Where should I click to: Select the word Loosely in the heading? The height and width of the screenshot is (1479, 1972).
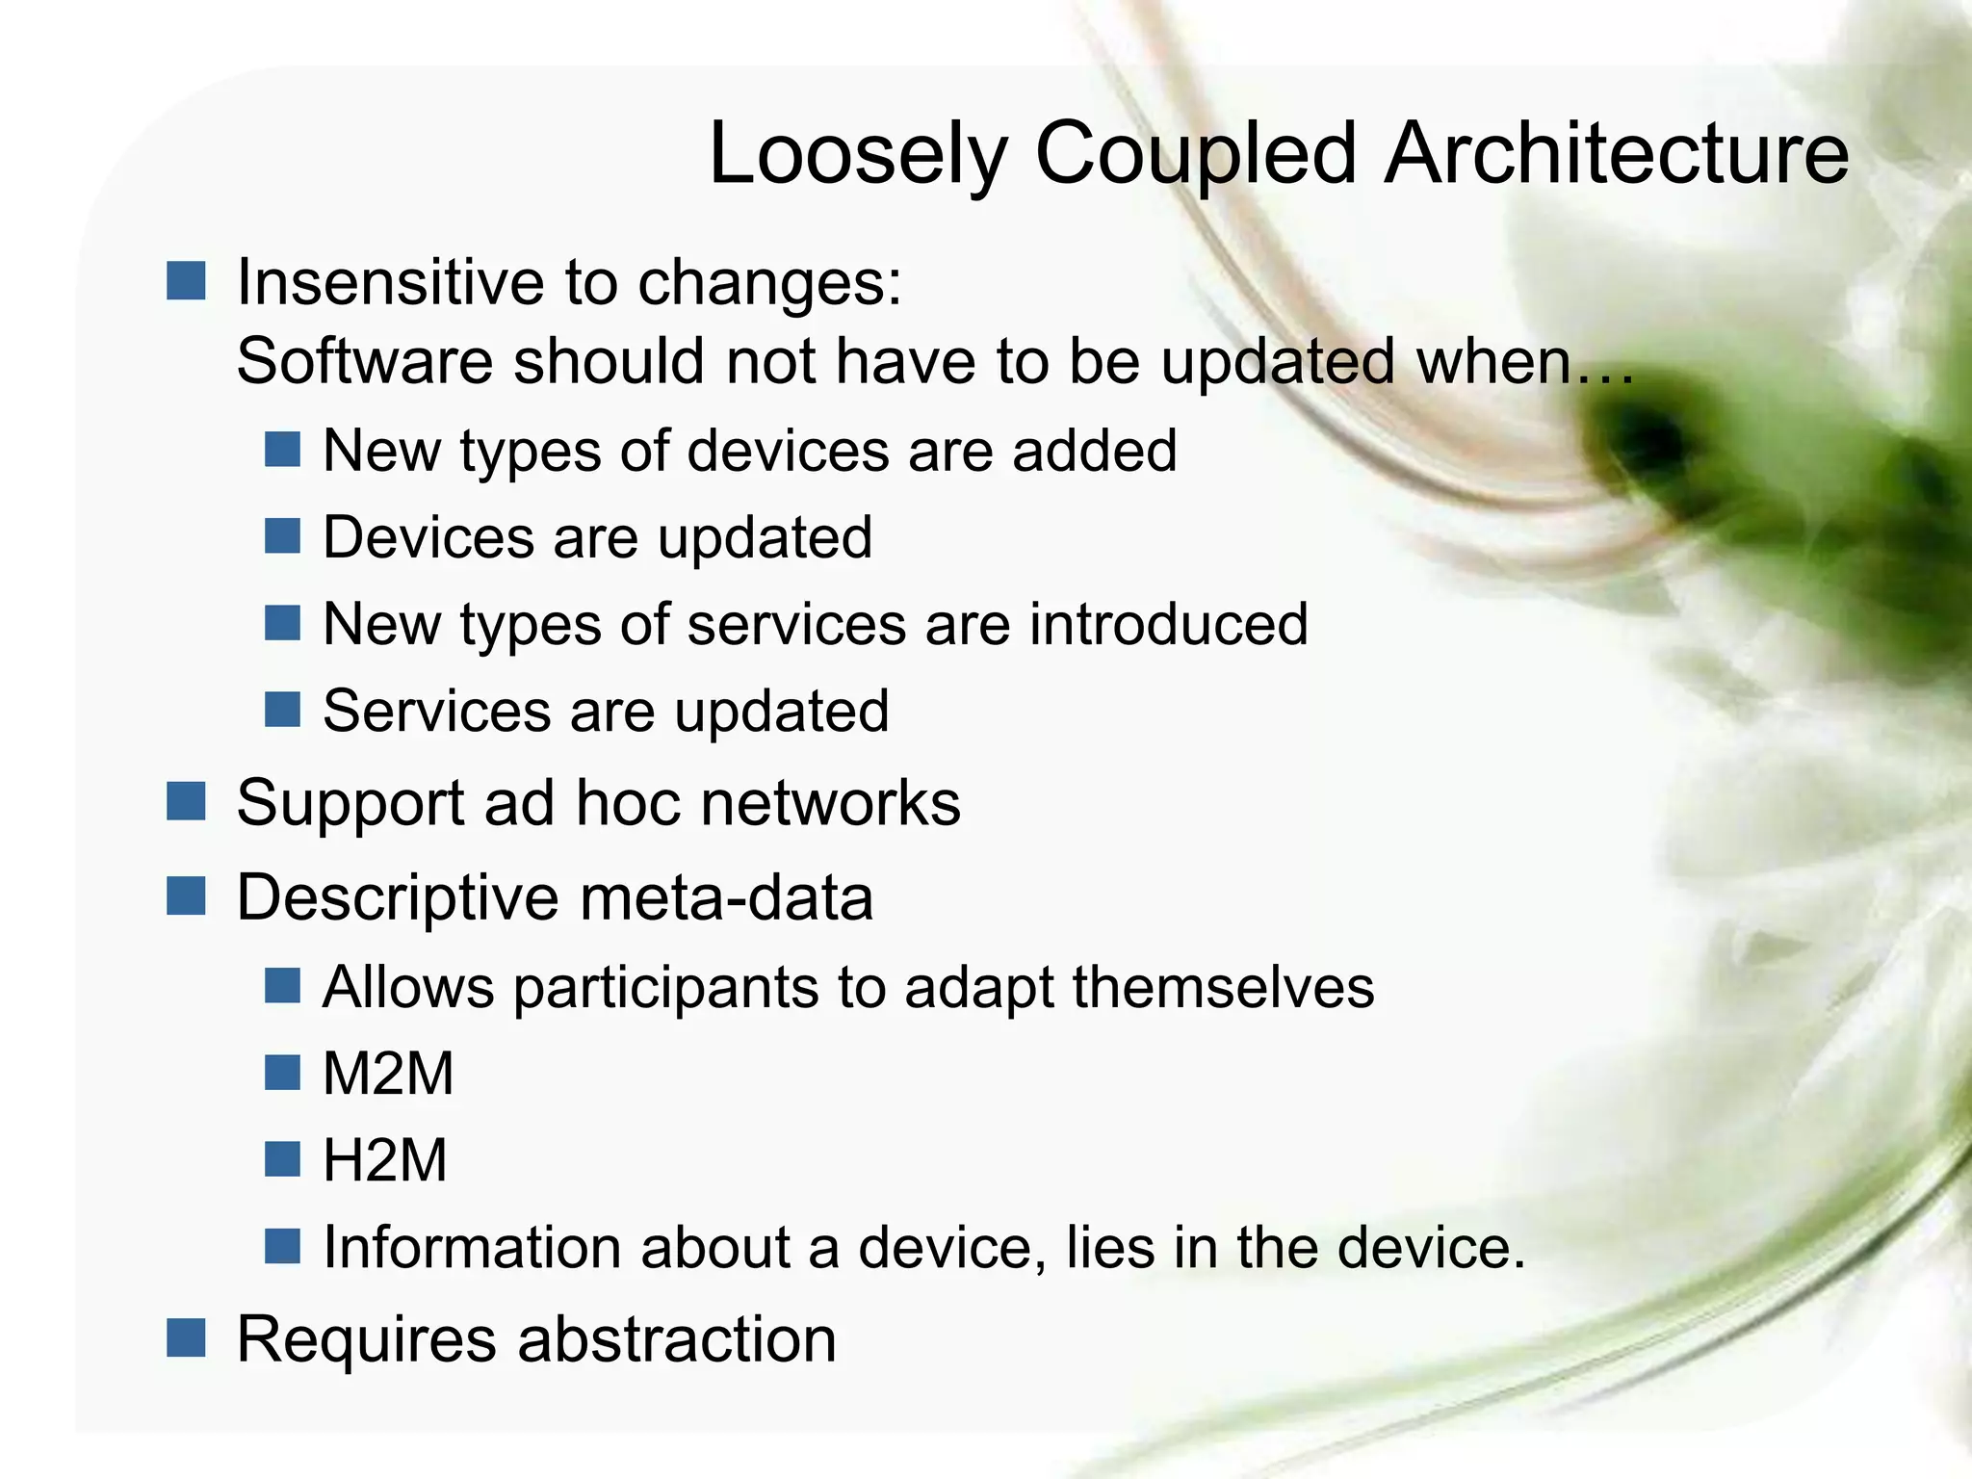click(x=858, y=154)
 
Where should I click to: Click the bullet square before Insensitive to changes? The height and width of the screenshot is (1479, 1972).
click(x=186, y=281)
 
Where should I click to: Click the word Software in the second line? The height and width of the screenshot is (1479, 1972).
click(x=364, y=361)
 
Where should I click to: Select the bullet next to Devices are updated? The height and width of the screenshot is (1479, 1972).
click(x=282, y=536)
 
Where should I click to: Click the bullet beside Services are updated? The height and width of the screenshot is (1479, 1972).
click(x=282, y=710)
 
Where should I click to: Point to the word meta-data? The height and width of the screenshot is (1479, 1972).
click(x=727, y=897)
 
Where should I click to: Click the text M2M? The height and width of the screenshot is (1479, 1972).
click(x=388, y=1074)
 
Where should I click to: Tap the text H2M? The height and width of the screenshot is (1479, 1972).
click(x=385, y=1160)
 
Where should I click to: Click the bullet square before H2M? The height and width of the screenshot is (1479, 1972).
click(x=282, y=1159)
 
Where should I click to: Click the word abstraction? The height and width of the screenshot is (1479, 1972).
click(x=678, y=1339)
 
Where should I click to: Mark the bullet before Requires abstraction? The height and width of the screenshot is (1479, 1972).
click(x=186, y=1337)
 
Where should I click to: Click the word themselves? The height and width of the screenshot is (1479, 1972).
click(x=1223, y=988)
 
